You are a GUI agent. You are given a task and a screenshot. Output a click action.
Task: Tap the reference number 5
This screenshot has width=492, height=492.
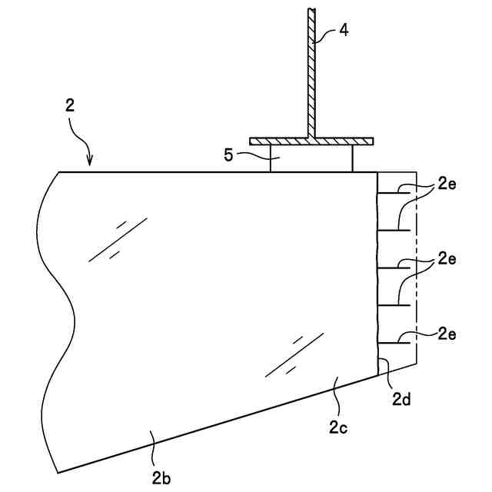[x=228, y=155]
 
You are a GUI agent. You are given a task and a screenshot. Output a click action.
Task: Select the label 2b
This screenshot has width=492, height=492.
[x=161, y=477]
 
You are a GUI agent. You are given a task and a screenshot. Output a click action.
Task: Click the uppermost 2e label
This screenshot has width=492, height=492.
[x=447, y=185]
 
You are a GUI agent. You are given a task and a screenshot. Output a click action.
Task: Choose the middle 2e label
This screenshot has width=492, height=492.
[x=447, y=259]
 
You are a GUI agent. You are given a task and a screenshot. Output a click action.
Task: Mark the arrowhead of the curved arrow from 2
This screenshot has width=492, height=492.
[x=91, y=162]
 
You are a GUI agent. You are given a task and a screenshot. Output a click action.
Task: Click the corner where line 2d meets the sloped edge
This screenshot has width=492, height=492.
[x=378, y=374]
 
